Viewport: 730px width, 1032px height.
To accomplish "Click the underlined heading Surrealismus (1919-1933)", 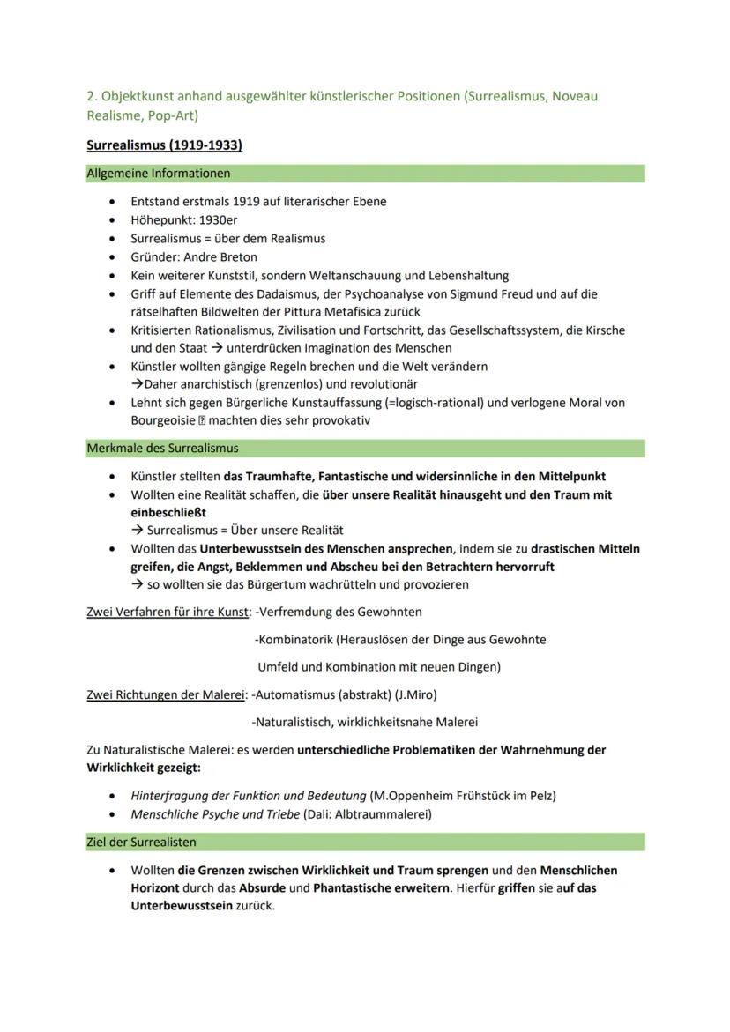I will point(164,145).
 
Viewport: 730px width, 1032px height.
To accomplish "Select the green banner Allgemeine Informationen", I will point(159,174).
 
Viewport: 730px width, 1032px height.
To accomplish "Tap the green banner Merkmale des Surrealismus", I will point(162,449).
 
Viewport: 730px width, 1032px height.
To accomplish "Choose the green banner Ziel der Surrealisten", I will point(141,843).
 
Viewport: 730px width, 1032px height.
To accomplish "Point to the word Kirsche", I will point(605,330).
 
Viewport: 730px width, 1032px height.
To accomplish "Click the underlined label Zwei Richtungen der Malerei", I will point(165,694).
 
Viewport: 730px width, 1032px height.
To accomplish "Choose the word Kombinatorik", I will point(295,639).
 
